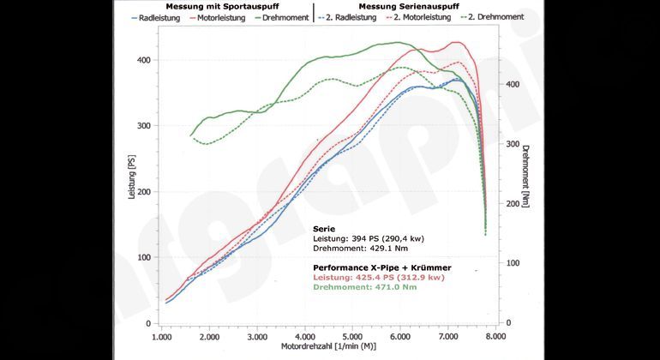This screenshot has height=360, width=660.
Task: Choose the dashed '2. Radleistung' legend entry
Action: tap(351, 17)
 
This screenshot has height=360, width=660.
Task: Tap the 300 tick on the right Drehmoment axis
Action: tap(512, 144)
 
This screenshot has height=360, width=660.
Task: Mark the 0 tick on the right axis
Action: tap(509, 322)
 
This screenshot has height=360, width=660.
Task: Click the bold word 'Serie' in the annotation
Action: tap(323, 229)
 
